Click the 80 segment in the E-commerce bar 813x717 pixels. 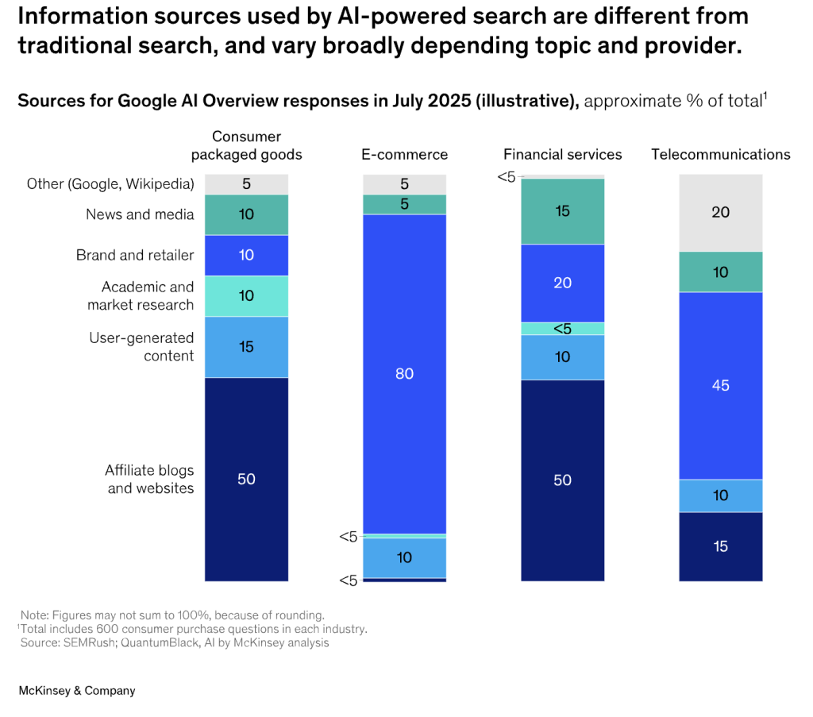click(x=404, y=373)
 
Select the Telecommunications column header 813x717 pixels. click(x=721, y=155)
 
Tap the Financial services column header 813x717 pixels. click(x=562, y=155)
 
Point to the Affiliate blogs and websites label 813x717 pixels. click(x=149, y=480)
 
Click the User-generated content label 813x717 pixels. click(x=141, y=347)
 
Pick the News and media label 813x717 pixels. click(x=140, y=214)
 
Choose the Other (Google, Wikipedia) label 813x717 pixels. click(x=110, y=184)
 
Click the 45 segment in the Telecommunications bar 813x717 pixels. click(x=721, y=386)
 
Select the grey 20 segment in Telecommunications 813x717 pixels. click(x=721, y=213)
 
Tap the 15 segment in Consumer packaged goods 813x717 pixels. click(x=246, y=347)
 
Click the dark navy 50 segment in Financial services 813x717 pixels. click(x=562, y=480)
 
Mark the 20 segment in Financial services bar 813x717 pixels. click(x=562, y=283)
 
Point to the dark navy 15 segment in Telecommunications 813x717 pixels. click(x=721, y=546)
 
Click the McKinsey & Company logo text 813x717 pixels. click(x=76, y=691)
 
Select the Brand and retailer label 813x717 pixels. click(x=135, y=256)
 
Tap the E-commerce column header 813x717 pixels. click(x=404, y=155)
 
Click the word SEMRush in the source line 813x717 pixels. click(x=91, y=643)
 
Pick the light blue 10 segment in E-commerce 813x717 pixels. click(x=404, y=557)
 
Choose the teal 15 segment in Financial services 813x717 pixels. click(x=562, y=211)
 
